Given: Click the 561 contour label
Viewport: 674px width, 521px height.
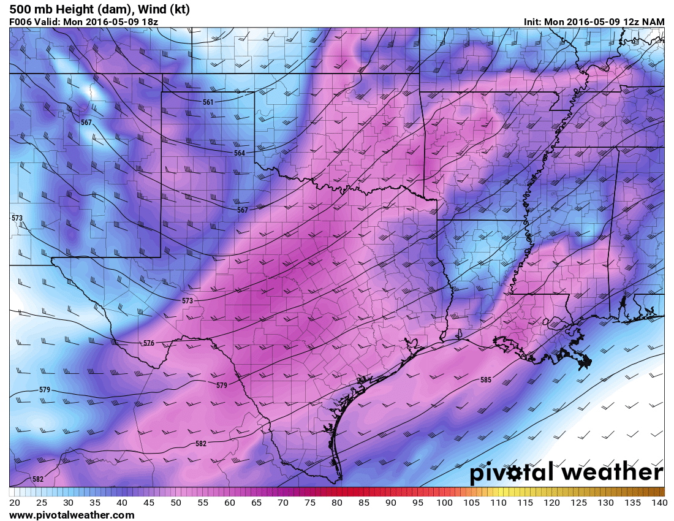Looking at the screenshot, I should click(208, 102).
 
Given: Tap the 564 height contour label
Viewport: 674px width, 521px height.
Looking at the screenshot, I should click(240, 153).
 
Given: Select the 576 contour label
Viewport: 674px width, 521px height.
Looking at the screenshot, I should click(149, 343).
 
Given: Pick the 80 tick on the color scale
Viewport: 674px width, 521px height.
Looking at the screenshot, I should click(337, 503).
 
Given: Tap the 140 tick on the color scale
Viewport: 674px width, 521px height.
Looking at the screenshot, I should click(659, 503).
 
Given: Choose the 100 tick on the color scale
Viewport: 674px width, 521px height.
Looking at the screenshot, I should click(445, 503).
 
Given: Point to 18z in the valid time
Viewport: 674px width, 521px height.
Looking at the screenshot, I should click(151, 21).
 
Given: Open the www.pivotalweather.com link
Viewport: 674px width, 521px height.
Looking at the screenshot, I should click(72, 515).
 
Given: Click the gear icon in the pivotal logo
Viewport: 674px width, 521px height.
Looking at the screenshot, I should click(531, 474).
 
